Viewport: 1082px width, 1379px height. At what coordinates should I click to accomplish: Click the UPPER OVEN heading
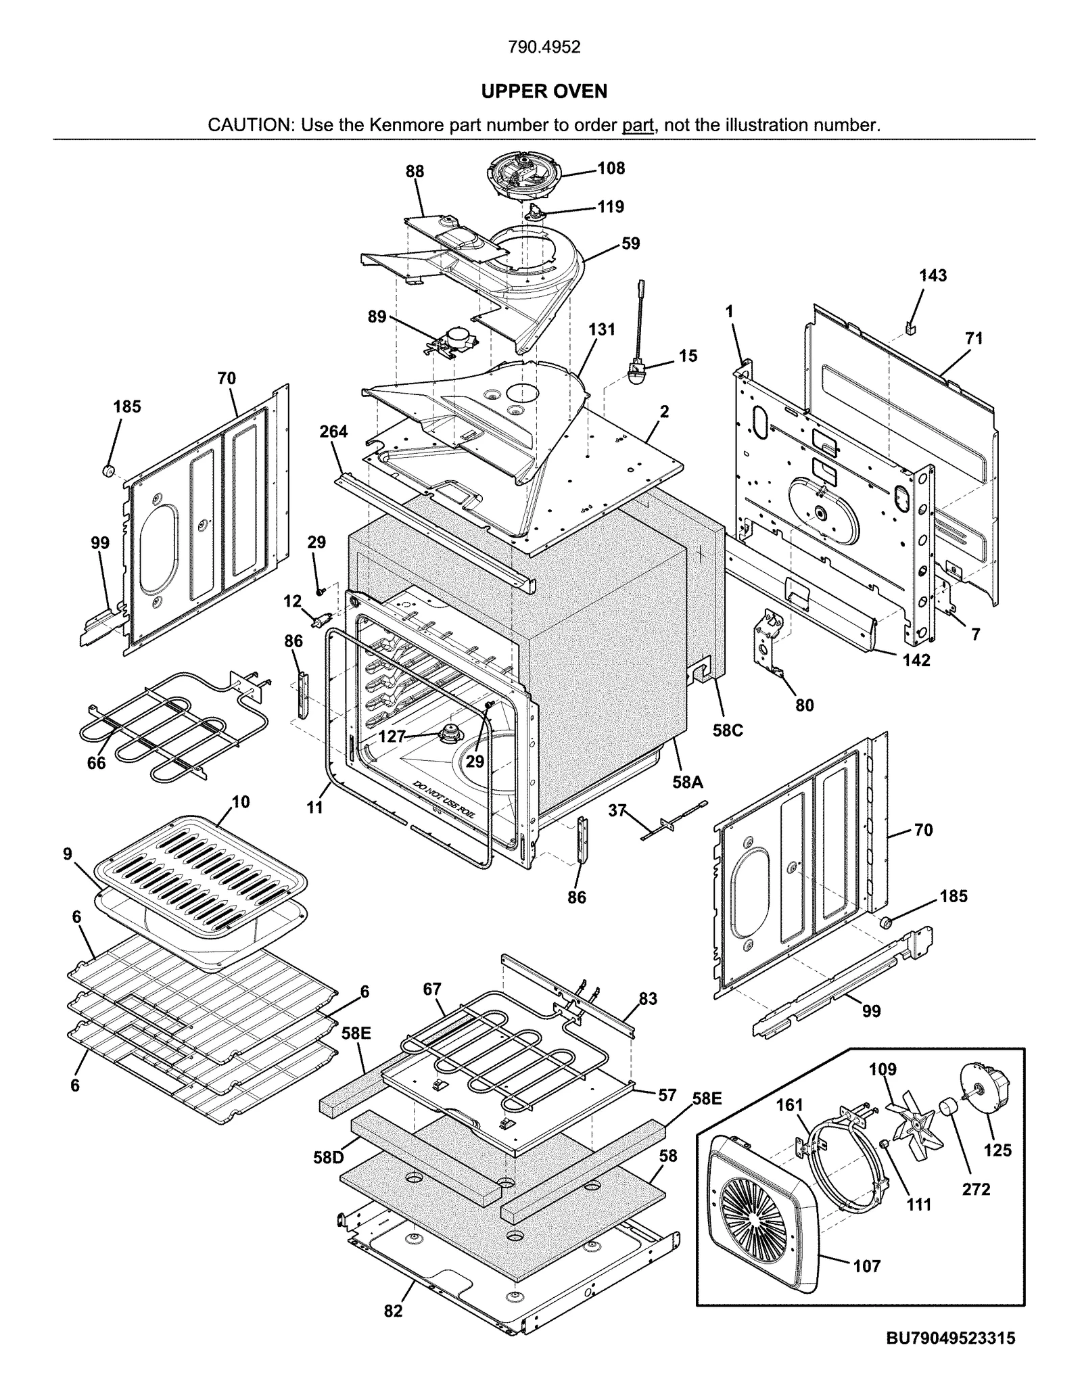pyautogui.click(x=544, y=91)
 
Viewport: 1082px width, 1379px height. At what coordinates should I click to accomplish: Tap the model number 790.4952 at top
pyautogui.click(x=544, y=47)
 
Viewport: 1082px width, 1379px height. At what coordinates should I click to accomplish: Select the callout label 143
pyautogui.click(x=933, y=275)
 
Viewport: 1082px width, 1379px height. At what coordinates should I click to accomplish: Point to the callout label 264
pyautogui.click(x=333, y=431)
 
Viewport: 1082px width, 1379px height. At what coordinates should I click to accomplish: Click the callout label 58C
pyautogui.click(x=728, y=730)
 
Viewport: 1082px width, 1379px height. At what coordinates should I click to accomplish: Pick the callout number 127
pyautogui.click(x=392, y=737)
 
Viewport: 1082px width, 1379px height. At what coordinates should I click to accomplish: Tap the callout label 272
pyautogui.click(x=976, y=1189)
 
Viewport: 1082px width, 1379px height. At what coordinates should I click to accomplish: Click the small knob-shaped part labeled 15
pyautogui.click(x=638, y=374)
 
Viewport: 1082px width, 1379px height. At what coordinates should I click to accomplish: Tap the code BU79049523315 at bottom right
pyautogui.click(x=950, y=1338)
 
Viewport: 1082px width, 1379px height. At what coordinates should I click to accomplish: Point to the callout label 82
pyautogui.click(x=393, y=1311)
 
